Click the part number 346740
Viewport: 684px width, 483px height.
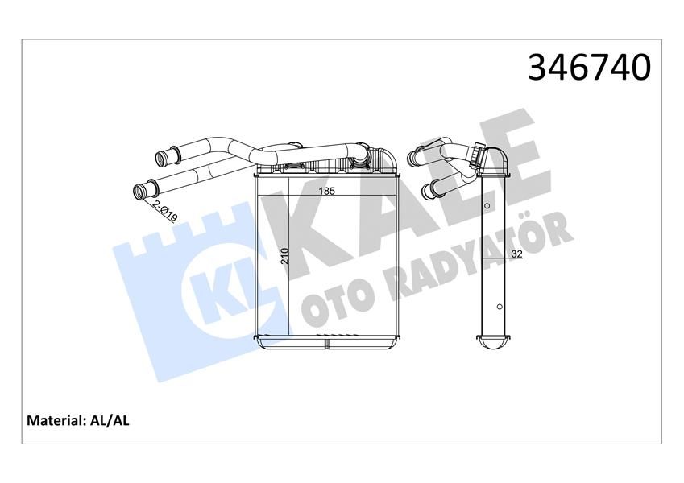tap(588, 68)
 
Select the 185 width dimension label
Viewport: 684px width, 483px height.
tap(326, 192)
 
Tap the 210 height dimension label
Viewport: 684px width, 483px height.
tap(283, 256)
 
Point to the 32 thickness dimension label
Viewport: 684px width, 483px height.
tap(516, 255)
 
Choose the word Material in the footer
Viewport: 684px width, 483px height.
tap(56, 420)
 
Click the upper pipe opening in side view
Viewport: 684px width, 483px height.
tap(414, 155)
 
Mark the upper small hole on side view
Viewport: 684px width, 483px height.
tap(488, 208)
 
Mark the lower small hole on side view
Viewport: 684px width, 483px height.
tap(500, 307)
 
